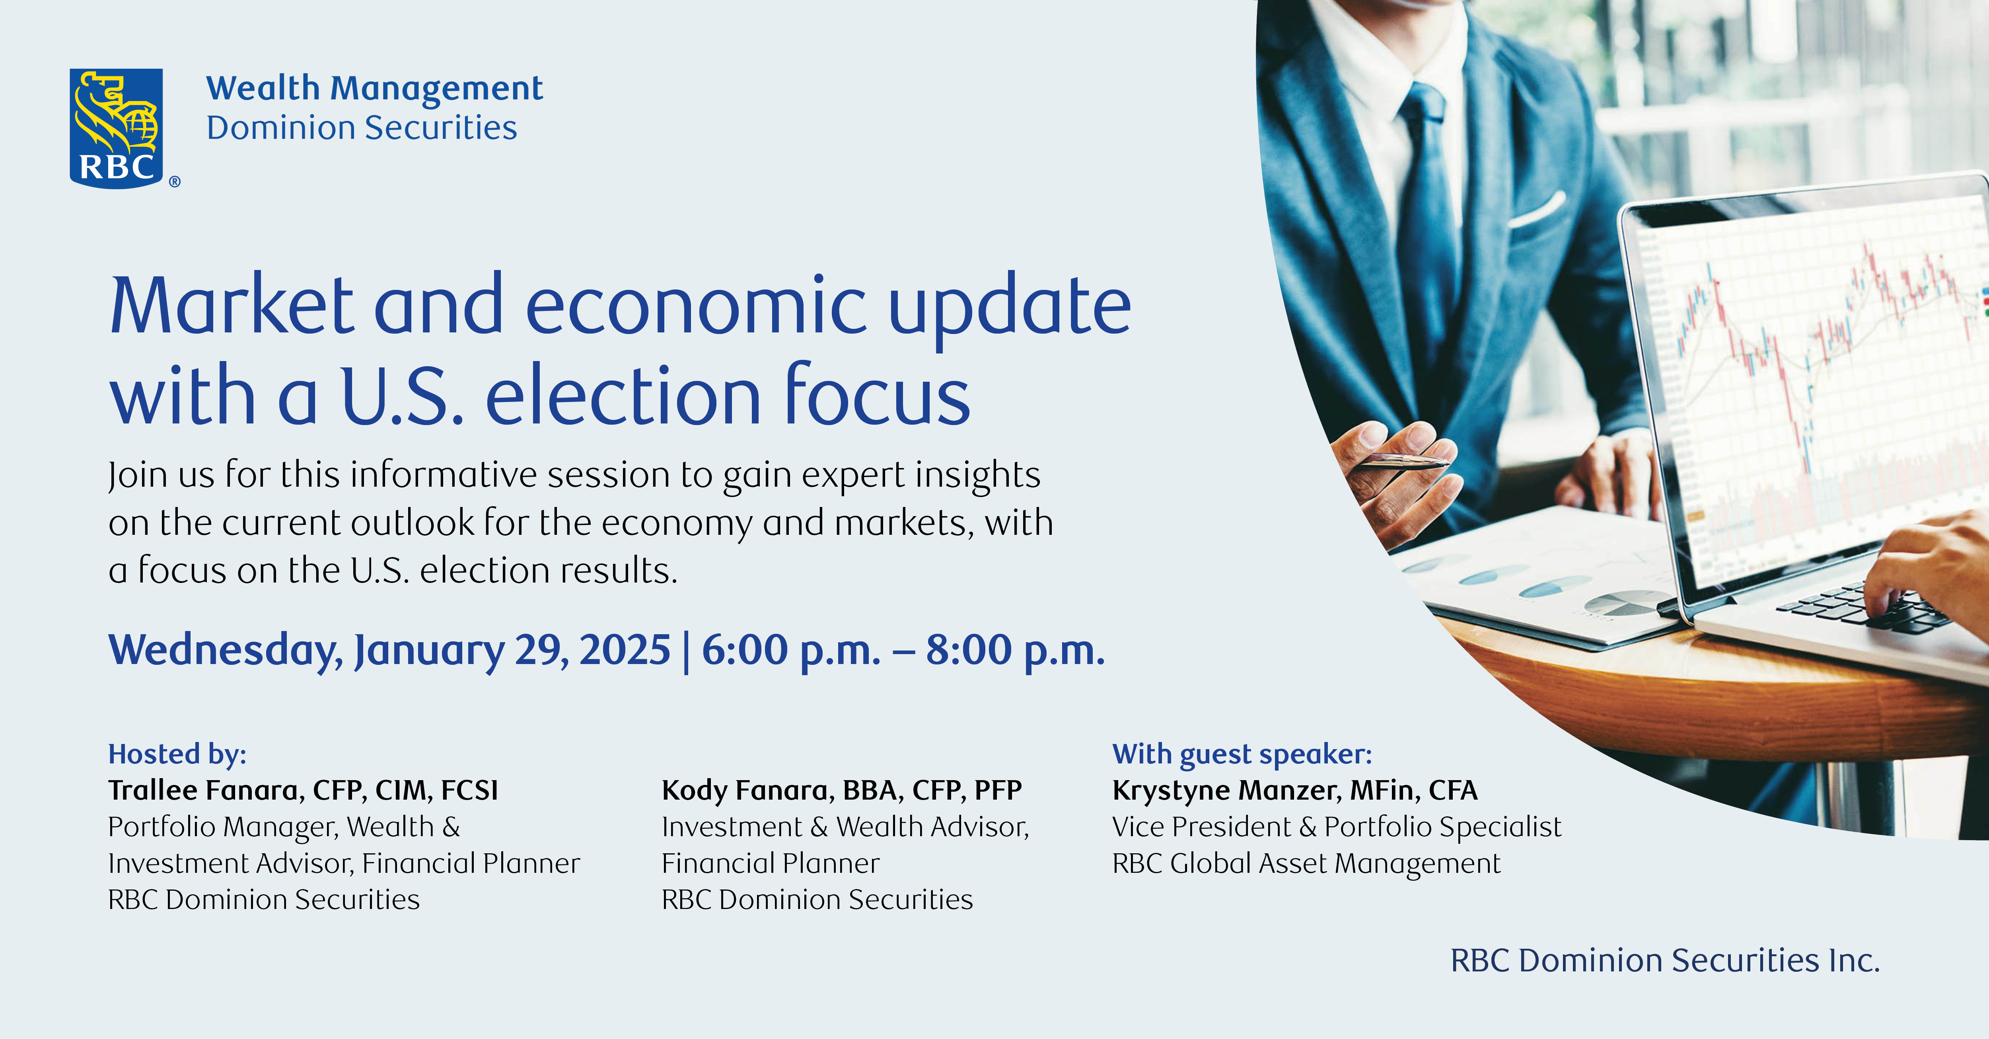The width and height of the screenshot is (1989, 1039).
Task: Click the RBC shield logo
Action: click(x=117, y=127)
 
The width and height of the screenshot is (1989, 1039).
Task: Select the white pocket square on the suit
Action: click(x=1537, y=208)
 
